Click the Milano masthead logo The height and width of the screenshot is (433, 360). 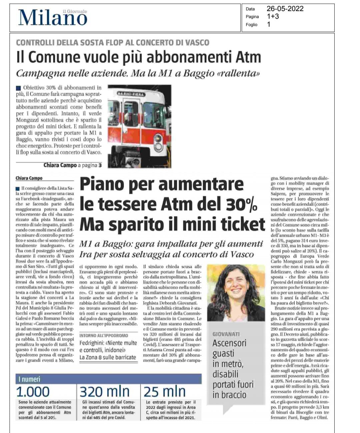[53, 18]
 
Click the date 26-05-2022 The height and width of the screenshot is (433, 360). [285, 9]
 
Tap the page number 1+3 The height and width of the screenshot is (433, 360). [273, 16]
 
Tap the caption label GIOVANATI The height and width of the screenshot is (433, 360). [226, 334]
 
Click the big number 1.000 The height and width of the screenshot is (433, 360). [33, 392]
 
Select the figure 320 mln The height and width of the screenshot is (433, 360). [105, 392]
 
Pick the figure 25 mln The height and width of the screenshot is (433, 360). [165, 392]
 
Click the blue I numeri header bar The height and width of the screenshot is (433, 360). [108, 379]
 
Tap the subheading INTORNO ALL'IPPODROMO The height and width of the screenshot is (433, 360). [104, 335]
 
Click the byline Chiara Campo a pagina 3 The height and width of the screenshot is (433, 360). [72, 165]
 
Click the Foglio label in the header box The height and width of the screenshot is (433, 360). [252, 25]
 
